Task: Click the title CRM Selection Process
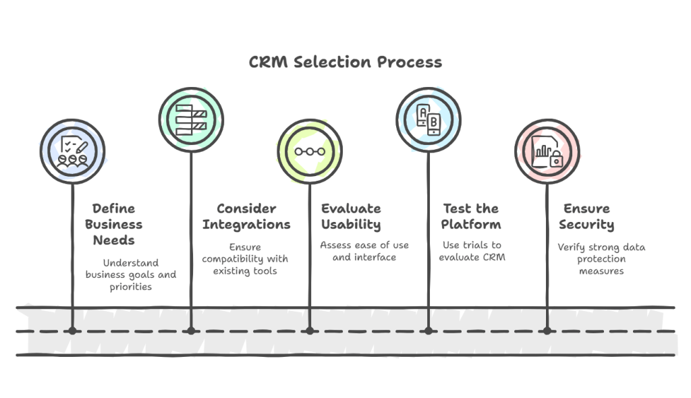pyautogui.click(x=345, y=63)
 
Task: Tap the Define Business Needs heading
pyautogui.click(x=113, y=225)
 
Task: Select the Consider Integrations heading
pyautogui.click(x=246, y=217)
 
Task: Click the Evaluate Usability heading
pyautogui.click(x=351, y=217)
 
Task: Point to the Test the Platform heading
pyautogui.click(x=470, y=217)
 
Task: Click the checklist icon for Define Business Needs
pyautogui.click(x=72, y=151)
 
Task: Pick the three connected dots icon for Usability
pyautogui.click(x=310, y=151)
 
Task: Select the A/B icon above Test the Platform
pyautogui.click(x=429, y=120)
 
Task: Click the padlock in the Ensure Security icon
pyautogui.click(x=556, y=161)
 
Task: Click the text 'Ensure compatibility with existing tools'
pyautogui.click(x=245, y=259)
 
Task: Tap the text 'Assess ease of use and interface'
pyautogui.click(x=364, y=251)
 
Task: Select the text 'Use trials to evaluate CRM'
pyautogui.click(x=472, y=251)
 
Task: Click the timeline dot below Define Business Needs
pyautogui.click(x=72, y=331)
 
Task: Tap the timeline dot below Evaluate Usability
pyautogui.click(x=310, y=331)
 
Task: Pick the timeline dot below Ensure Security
pyautogui.click(x=547, y=331)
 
